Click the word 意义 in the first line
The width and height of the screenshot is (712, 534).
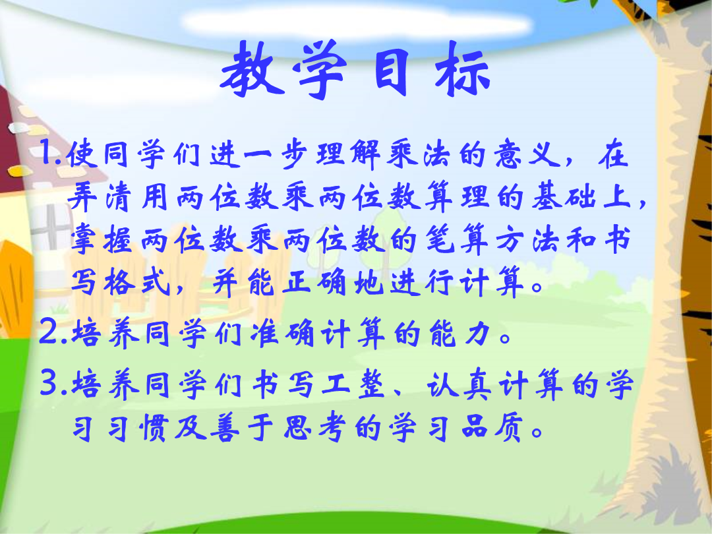pos(527,154)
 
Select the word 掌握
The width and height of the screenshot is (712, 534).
pos(101,239)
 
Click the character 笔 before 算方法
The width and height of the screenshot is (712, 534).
pos(440,239)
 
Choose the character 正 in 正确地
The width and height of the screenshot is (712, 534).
pos(297,283)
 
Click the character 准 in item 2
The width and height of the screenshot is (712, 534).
pos(265,334)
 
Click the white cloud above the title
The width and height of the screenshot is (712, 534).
pos(357,21)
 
